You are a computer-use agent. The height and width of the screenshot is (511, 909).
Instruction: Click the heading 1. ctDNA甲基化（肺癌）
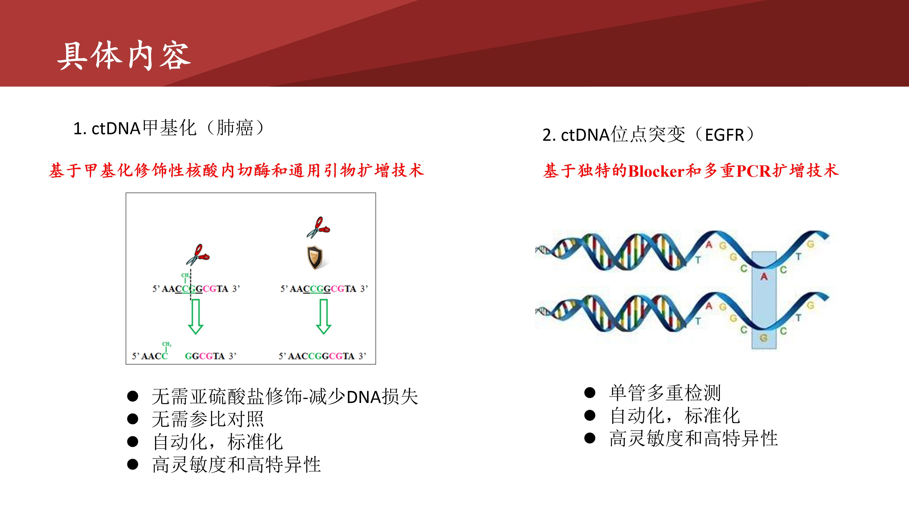click(x=169, y=128)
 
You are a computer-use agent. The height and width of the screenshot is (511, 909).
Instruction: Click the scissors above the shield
click(x=318, y=227)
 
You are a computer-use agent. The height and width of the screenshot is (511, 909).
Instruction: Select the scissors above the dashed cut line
click(x=198, y=255)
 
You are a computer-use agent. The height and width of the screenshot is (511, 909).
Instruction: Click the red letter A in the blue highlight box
click(x=764, y=277)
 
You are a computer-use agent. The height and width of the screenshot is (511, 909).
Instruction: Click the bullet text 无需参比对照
click(x=208, y=419)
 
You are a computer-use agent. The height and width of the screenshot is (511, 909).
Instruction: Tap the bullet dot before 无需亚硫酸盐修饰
click(x=132, y=396)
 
